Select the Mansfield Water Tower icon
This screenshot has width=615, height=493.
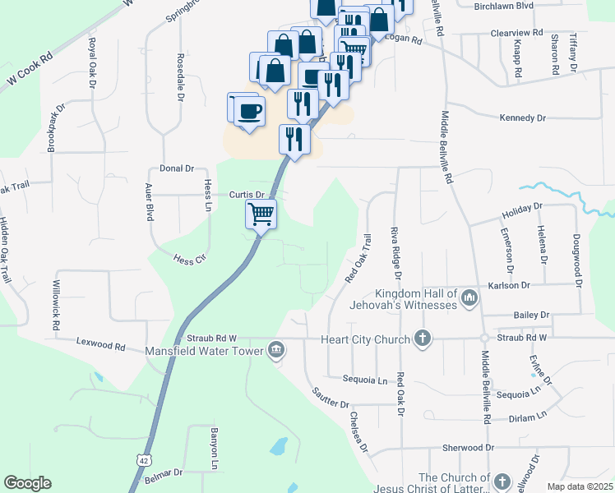coord(276,351)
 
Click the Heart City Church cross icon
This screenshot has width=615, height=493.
coord(422,339)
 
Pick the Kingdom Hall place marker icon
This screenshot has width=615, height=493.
coord(469,297)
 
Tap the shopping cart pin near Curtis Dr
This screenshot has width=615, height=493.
coord(261,214)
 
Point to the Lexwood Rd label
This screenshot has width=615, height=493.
coord(100,344)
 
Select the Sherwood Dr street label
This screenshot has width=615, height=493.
coord(468,448)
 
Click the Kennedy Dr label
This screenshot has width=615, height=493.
coord(523,118)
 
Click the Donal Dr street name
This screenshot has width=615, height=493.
coord(177,168)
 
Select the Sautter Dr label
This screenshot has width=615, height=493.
coord(331,399)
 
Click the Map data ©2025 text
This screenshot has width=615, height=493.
coord(580,486)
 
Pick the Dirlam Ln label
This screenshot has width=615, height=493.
coord(527,417)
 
